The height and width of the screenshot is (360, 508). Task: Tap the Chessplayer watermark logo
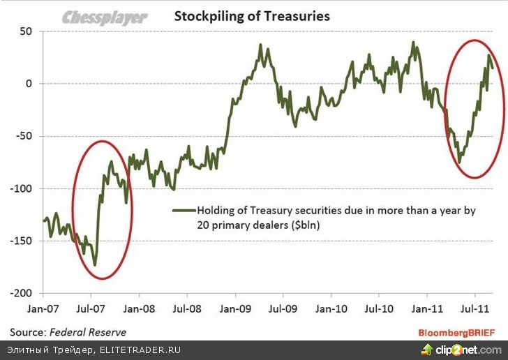pyautogui.click(x=105, y=16)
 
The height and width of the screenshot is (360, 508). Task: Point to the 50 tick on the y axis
pyautogui.click(x=26, y=32)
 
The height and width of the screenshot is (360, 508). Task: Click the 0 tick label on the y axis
pyautogui.click(x=29, y=84)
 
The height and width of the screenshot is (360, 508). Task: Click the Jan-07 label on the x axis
pyautogui.click(x=43, y=308)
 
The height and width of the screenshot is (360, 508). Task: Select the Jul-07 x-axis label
pyautogui.click(x=91, y=308)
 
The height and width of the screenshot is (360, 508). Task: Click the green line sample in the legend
pyautogui.click(x=184, y=209)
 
